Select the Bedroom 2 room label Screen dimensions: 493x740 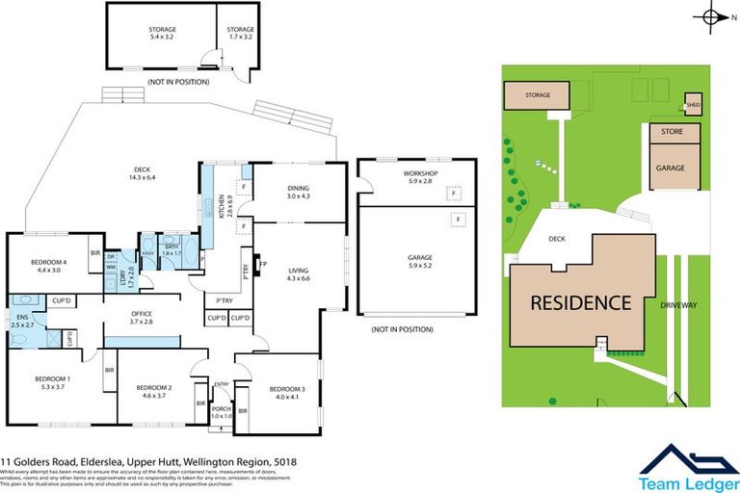(155, 391)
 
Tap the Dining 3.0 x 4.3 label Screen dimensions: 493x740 (300, 193)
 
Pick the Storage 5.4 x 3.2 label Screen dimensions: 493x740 (162, 34)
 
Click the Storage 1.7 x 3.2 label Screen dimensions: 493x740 (240, 34)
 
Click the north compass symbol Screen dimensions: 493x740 (713, 16)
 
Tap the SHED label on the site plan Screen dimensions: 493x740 (693, 105)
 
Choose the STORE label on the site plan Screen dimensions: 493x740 (671, 131)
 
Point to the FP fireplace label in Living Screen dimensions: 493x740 (262, 264)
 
